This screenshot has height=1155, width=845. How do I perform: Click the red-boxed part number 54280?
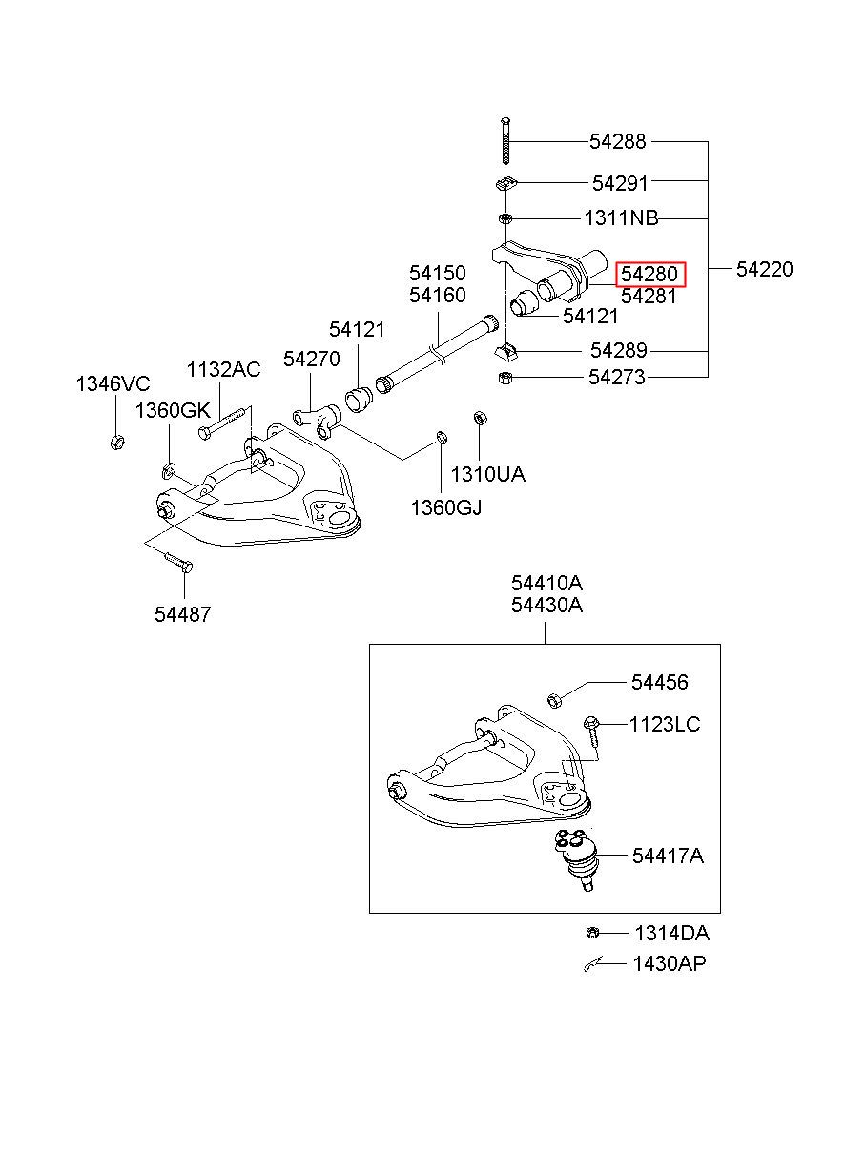(649, 274)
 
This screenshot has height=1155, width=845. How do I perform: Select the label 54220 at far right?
(764, 269)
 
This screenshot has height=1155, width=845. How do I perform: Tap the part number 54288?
(617, 141)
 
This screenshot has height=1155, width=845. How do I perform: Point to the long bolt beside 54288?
(505, 141)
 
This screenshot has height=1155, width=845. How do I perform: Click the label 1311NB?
(621, 218)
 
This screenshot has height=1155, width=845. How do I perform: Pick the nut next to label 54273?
(505, 378)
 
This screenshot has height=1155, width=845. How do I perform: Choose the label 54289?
(618, 351)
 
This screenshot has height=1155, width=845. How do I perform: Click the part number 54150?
(437, 273)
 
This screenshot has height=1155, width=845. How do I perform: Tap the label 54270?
(312, 359)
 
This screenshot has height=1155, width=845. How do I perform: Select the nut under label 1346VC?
(117, 442)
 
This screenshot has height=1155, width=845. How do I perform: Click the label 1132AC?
(224, 369)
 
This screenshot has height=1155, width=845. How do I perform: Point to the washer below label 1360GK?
(169, 470)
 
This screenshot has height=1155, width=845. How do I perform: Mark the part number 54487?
(183, 614)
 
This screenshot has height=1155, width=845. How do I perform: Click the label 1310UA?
(487, 474)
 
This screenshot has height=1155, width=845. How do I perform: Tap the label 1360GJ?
(446, 508)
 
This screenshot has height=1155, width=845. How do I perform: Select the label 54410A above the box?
(547, 583)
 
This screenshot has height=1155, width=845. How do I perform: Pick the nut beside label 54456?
(554, 700)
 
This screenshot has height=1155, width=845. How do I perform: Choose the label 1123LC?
(665, 725)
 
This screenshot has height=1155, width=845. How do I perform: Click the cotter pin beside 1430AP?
(593, 965)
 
